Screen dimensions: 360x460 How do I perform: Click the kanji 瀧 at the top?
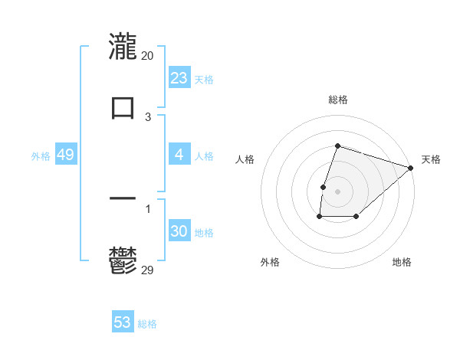[123, 46]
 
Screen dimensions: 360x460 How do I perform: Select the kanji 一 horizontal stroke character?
[123, 198]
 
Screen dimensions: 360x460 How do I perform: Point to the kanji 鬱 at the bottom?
[123, 262]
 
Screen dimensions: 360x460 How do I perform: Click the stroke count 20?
[148, 56]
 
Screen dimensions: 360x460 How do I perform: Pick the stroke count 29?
[148, 270]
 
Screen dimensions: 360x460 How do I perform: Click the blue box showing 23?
[179, 78]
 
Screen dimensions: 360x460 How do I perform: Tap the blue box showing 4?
[179, 155]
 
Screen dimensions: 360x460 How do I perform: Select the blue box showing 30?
[179, 231]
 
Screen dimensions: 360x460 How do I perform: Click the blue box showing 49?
[66, 155]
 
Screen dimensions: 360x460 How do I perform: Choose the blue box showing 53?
[123, 322]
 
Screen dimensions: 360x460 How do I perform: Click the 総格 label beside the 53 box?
[147, 324]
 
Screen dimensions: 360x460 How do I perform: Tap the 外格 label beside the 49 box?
[41, 156]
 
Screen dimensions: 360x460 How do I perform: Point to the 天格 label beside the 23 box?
[204, 80]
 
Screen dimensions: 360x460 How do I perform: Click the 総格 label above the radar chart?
[337, 100]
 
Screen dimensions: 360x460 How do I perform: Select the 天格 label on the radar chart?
[431, 159]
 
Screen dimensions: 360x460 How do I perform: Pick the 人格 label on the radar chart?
[245, 159]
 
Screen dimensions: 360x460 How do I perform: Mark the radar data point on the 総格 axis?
[337, 146]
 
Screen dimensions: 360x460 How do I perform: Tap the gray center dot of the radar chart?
[337, 191]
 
